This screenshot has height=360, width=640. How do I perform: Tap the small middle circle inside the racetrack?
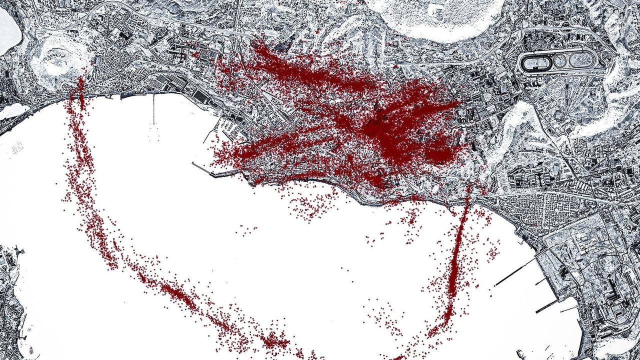pyautogui.click(x=561, y=61)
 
